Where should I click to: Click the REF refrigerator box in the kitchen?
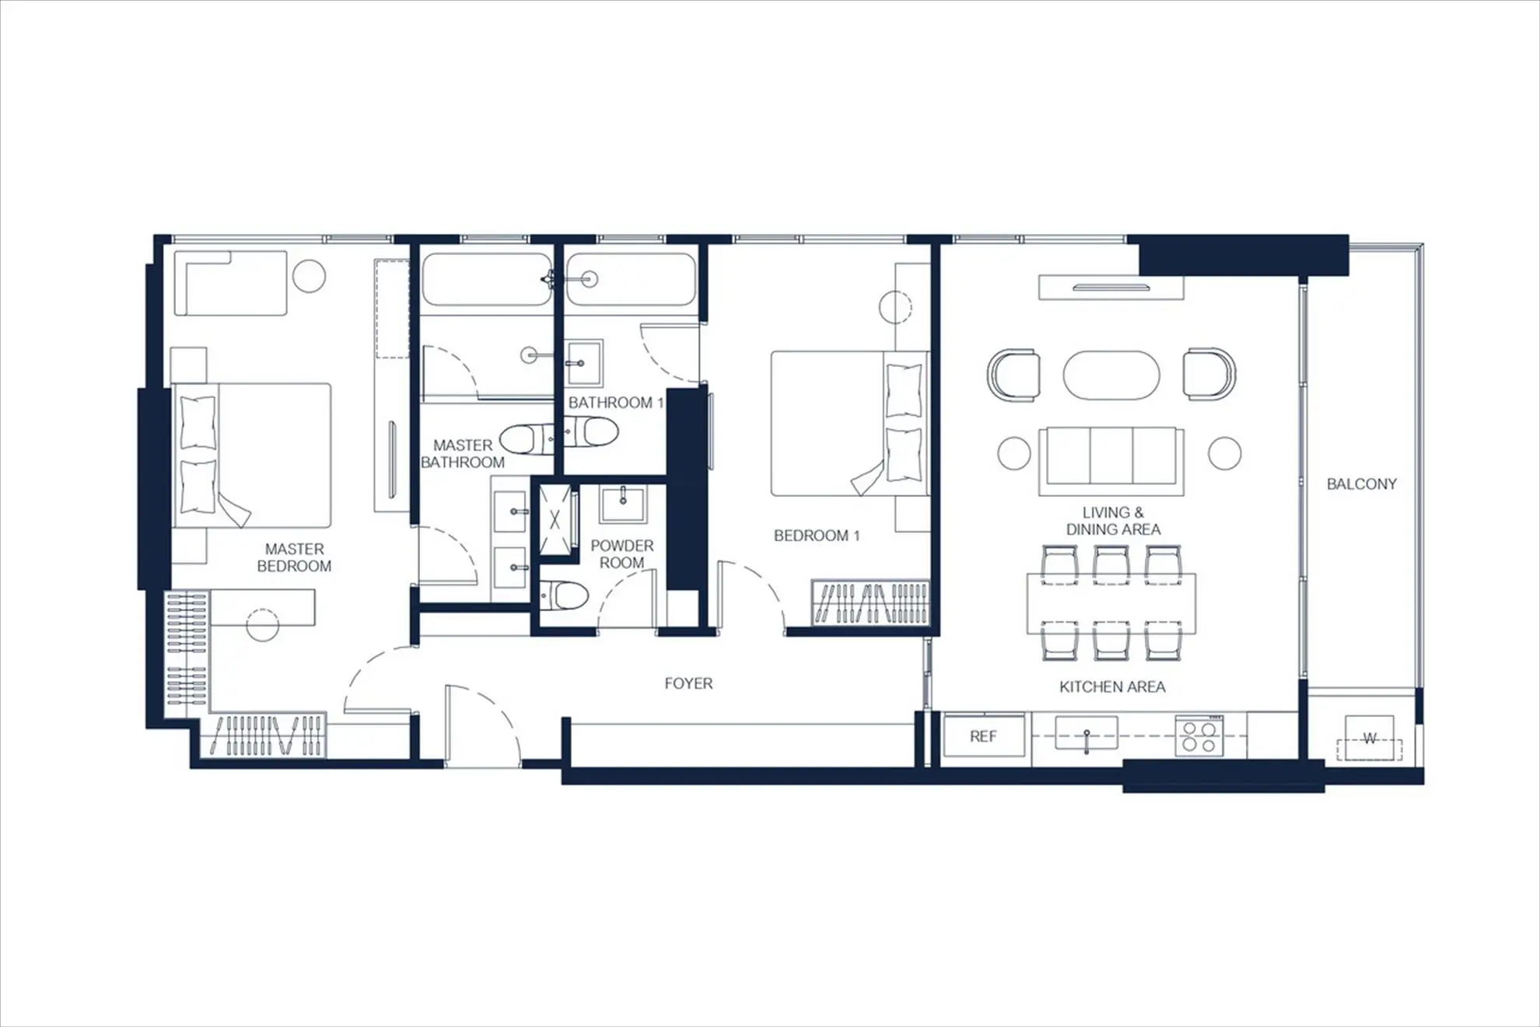click(x=984, y=735)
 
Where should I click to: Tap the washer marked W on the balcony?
click(x=1370, y=738)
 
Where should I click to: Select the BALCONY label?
click(x=1361, y=484)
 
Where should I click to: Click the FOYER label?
click(x=688, y=683)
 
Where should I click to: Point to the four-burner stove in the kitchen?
click(x=1199, y=736)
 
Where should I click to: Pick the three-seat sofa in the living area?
click(x=1111, y=460)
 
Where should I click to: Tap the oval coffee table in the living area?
click(x=1111, y=376)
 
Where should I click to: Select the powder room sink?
click(x=622, y=504)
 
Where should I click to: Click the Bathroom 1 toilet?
click(x=590, y=433)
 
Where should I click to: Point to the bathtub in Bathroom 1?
click(x=631, y=278)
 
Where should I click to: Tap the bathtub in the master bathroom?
click(x=487, y=278)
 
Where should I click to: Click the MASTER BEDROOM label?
click(x=294, y=557)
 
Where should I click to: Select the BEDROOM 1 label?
click(x=817, y=536)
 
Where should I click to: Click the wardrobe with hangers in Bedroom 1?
click(x=870, y=603)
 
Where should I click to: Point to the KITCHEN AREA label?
click(x=1112, y=686)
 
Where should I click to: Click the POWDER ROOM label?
click(x=622, y=554)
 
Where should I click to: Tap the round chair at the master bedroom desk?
click(x=263, y=624)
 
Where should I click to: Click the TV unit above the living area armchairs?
click(x=1111, y=288)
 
